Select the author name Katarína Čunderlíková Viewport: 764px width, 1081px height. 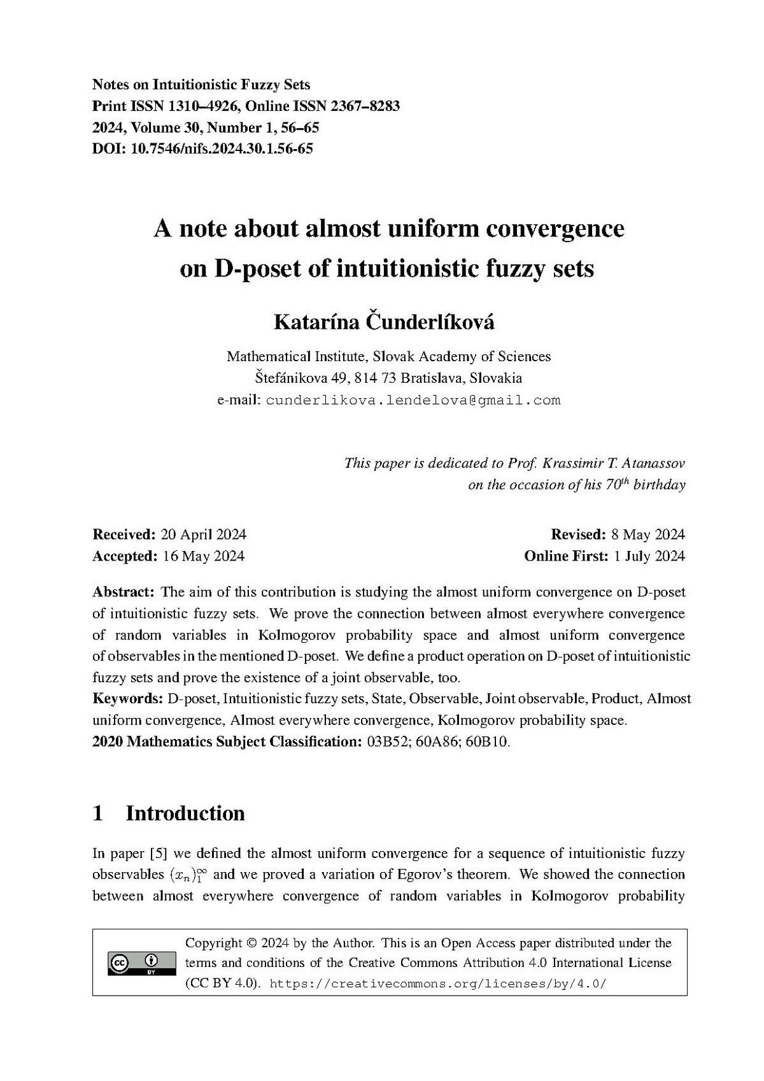pyautogui.click(x=384, y=322)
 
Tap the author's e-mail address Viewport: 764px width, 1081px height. pyautogui.click(x=413, y=401)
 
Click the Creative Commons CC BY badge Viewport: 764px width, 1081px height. pyautogui.click(x=134, y=964)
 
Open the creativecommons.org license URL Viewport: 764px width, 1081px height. pyautogui.click(x=439, y=984)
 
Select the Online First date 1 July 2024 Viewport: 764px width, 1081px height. pyautogui.click(x=649, y=556)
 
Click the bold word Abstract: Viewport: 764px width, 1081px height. pyautogui.click(x=124, y=592)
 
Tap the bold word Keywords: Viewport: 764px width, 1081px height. pyautogui.click(x=128, y=699)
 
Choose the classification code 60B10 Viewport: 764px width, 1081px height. pyautogui.click(x=488, y=742)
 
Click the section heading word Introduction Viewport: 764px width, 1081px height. pyautogui.click(x=185, y=813)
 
